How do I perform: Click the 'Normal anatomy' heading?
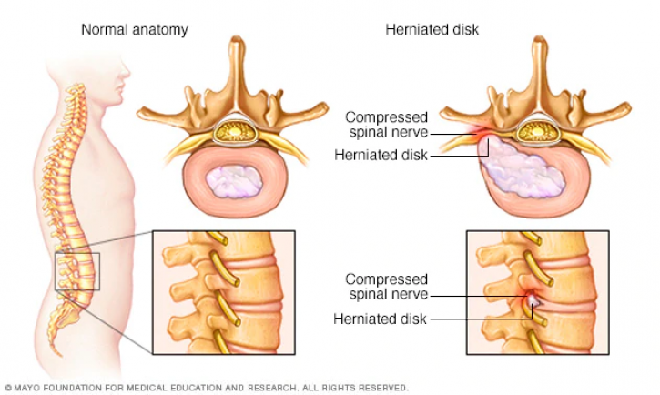click(x=134, y=30)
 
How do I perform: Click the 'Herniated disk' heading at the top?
click(x=432, y=29)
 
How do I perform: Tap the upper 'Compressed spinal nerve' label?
click(x=386, y=125)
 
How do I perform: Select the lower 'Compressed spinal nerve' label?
click(x=386, y=287)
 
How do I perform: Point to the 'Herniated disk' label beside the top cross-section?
click(x=381, y=155)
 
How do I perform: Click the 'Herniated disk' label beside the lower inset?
click(x=381, y=319)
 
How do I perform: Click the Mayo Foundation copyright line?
click(x=207, y=388)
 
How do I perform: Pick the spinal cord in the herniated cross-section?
click(x=537, y=132)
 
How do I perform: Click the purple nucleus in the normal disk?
click(x=234, y=182)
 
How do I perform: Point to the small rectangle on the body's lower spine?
click(x=77, y=271)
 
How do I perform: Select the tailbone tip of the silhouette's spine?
click(x=59, y=354)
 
